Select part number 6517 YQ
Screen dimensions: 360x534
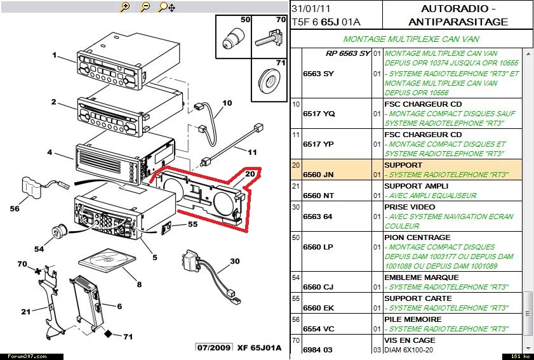point(319,114)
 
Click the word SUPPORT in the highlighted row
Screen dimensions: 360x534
point(403,165)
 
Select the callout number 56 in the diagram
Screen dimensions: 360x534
point(15,208)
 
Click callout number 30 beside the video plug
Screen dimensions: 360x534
point(234,261)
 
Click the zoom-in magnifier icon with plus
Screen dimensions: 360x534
point(125,7)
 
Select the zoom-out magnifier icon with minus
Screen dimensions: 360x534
point(145,7)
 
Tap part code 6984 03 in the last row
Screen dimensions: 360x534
point(318,350)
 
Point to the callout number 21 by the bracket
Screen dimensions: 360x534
point(26,311)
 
